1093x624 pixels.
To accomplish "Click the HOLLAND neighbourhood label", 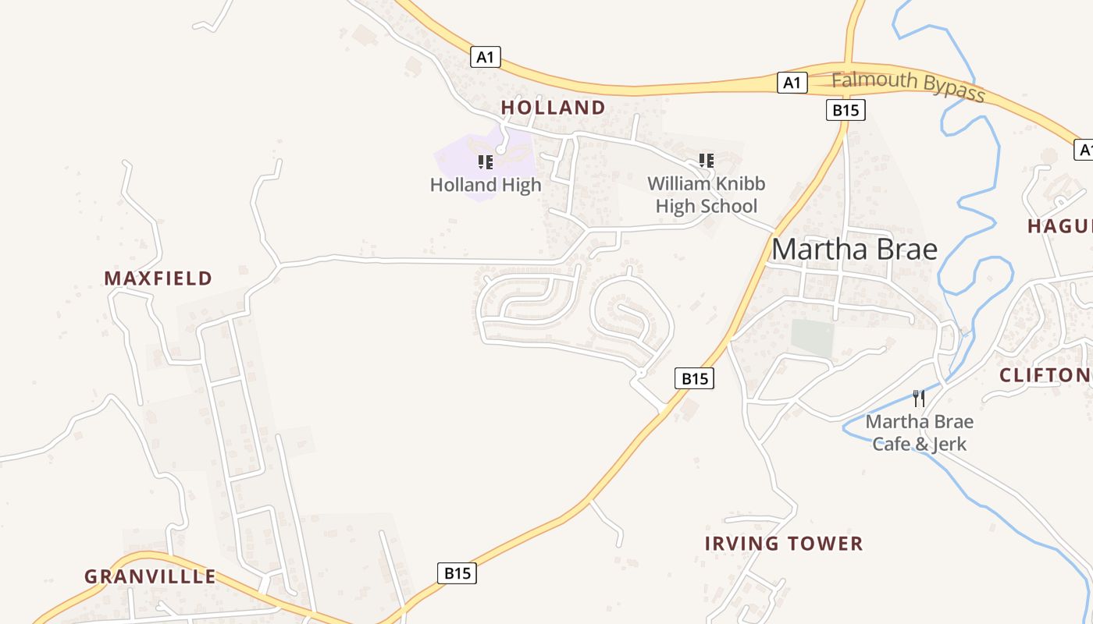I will (553, 108).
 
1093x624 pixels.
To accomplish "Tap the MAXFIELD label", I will (158, 278).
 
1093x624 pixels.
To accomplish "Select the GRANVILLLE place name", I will (150, 577).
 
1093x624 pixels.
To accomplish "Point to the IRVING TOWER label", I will (784, 544).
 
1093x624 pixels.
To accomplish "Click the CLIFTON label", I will (1045, 375).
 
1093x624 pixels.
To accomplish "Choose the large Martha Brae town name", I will (854, 250).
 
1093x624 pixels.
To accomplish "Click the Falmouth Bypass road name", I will (908, 86).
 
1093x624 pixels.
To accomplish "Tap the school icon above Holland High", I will (486, 162).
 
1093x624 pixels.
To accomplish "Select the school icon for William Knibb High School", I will (707, 161).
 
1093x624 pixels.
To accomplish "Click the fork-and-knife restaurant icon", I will (919, 399).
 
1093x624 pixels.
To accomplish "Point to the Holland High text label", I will (486, 186).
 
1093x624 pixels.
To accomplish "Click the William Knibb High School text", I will (707, 195).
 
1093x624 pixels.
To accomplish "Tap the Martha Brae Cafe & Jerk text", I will (920, 433).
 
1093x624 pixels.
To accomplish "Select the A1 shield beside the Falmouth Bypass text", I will (792, 83).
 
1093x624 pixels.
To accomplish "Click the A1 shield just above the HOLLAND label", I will (486, 57).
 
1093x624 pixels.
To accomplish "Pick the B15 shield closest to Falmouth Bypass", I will (846, 110).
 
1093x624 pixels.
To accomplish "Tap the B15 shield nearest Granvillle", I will (457, 573).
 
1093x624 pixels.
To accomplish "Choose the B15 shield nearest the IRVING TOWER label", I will (694, 379).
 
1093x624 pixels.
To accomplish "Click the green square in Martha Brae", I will (812, 337).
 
